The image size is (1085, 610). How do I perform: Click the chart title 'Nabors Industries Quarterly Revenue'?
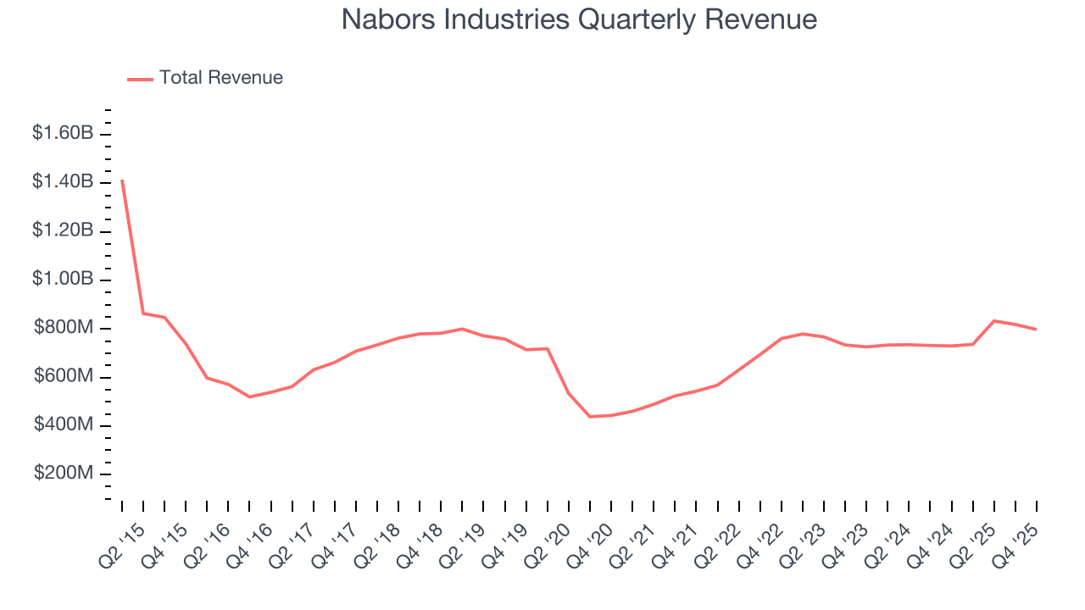point(579,19)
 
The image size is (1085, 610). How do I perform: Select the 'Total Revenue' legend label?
point(221,78)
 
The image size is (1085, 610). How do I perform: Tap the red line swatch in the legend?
point(140,79)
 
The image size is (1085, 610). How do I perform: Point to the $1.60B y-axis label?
point(63,133)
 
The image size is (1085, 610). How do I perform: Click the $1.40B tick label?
point(63,182)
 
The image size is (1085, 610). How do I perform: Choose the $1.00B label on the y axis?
point(63,279)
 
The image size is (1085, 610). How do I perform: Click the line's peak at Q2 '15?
point(122,180)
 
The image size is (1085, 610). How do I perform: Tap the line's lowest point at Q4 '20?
point(590,416)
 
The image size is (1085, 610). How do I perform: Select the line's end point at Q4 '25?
point(1036,329)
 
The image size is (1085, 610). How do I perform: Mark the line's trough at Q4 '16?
point(249,396)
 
